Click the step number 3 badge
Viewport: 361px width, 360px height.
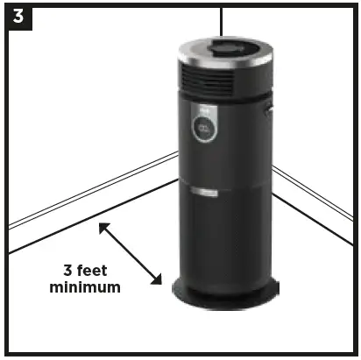point(16,16)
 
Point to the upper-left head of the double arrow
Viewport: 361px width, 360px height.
point(102,227)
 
